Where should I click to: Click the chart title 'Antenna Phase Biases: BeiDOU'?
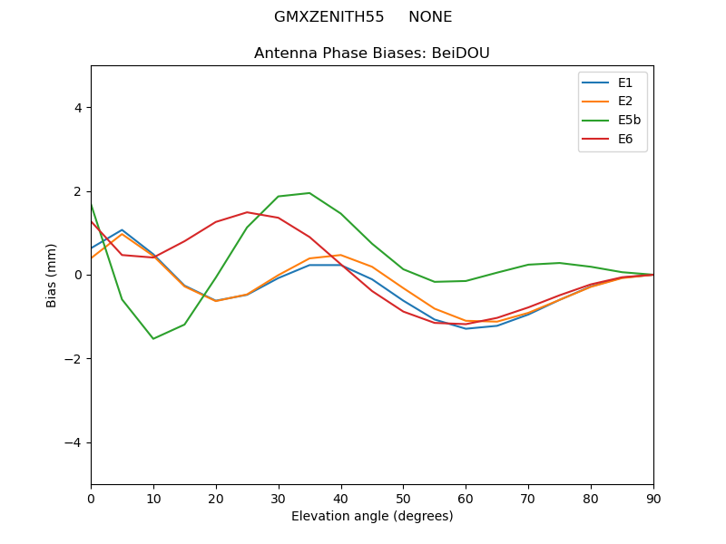372,53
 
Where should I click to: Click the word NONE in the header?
430,17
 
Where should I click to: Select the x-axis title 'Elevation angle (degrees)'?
372,517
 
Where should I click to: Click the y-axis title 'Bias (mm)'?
53,275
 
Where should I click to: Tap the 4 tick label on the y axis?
78,108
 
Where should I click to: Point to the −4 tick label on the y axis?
74,442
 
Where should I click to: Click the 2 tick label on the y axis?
78,191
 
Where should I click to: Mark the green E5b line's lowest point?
153,339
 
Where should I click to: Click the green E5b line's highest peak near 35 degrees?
309,193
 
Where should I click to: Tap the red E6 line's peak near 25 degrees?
247,212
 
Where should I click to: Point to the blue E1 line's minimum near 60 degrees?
466,328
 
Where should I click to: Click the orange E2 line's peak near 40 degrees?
340,255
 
